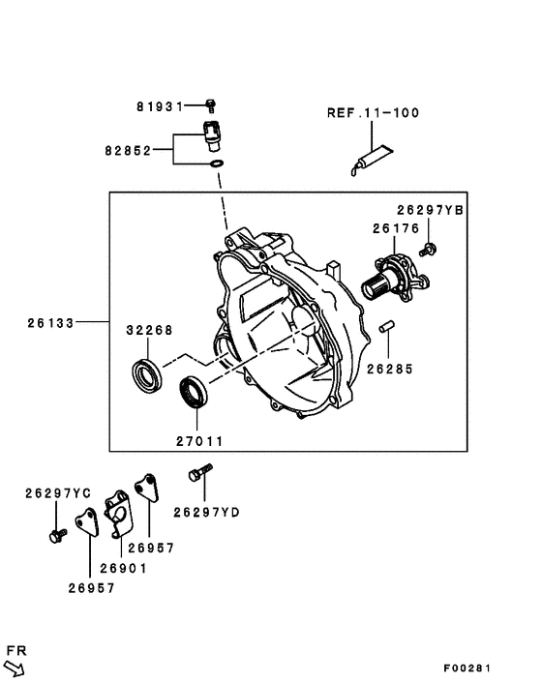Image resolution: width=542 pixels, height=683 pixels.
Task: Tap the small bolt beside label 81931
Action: click(x=211, y=103)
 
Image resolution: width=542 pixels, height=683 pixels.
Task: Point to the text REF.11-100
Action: click(x=372, y=112)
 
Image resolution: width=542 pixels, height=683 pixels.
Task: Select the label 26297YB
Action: click(x=430, y=210)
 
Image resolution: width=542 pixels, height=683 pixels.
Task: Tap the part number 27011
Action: click(x=199, y=441)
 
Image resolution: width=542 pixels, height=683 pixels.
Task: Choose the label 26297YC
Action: click(x=58, y=493)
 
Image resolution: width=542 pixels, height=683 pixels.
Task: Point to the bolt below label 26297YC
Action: click(x=56, y=532)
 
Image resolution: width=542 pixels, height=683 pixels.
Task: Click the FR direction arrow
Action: click(x=16, y=665)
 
